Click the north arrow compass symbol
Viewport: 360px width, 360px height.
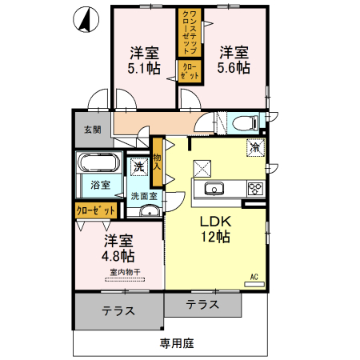tap(86, 19)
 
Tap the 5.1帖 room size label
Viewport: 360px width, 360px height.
tap(144, 68)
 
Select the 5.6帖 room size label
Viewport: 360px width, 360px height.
tap(234, 67)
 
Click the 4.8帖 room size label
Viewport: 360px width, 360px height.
tap(118, 256)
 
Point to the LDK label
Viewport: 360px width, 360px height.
tap(215, 222)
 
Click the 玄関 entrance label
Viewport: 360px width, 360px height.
tap(93, 130)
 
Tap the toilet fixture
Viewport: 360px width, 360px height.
tap(246, 123)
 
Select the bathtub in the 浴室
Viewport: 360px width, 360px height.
tap(98, 162)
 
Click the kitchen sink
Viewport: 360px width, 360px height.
tap(214, 189)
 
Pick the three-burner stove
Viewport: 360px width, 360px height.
tap(256, 189)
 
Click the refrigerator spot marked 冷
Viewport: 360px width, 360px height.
tap(255, 147)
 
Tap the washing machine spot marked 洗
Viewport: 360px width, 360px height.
tap(139, 167)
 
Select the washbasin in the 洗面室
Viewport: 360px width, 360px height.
tap(150, 211)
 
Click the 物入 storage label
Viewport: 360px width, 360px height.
tap(157, 162)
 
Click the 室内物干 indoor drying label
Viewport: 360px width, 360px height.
tap(125, 272)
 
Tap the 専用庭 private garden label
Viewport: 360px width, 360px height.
tap(177, 343)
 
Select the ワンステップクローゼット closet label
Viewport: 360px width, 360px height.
tap(190, 33)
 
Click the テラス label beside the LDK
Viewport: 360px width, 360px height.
tap(202, 304)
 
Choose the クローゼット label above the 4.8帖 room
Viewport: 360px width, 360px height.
tap(96, 211)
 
